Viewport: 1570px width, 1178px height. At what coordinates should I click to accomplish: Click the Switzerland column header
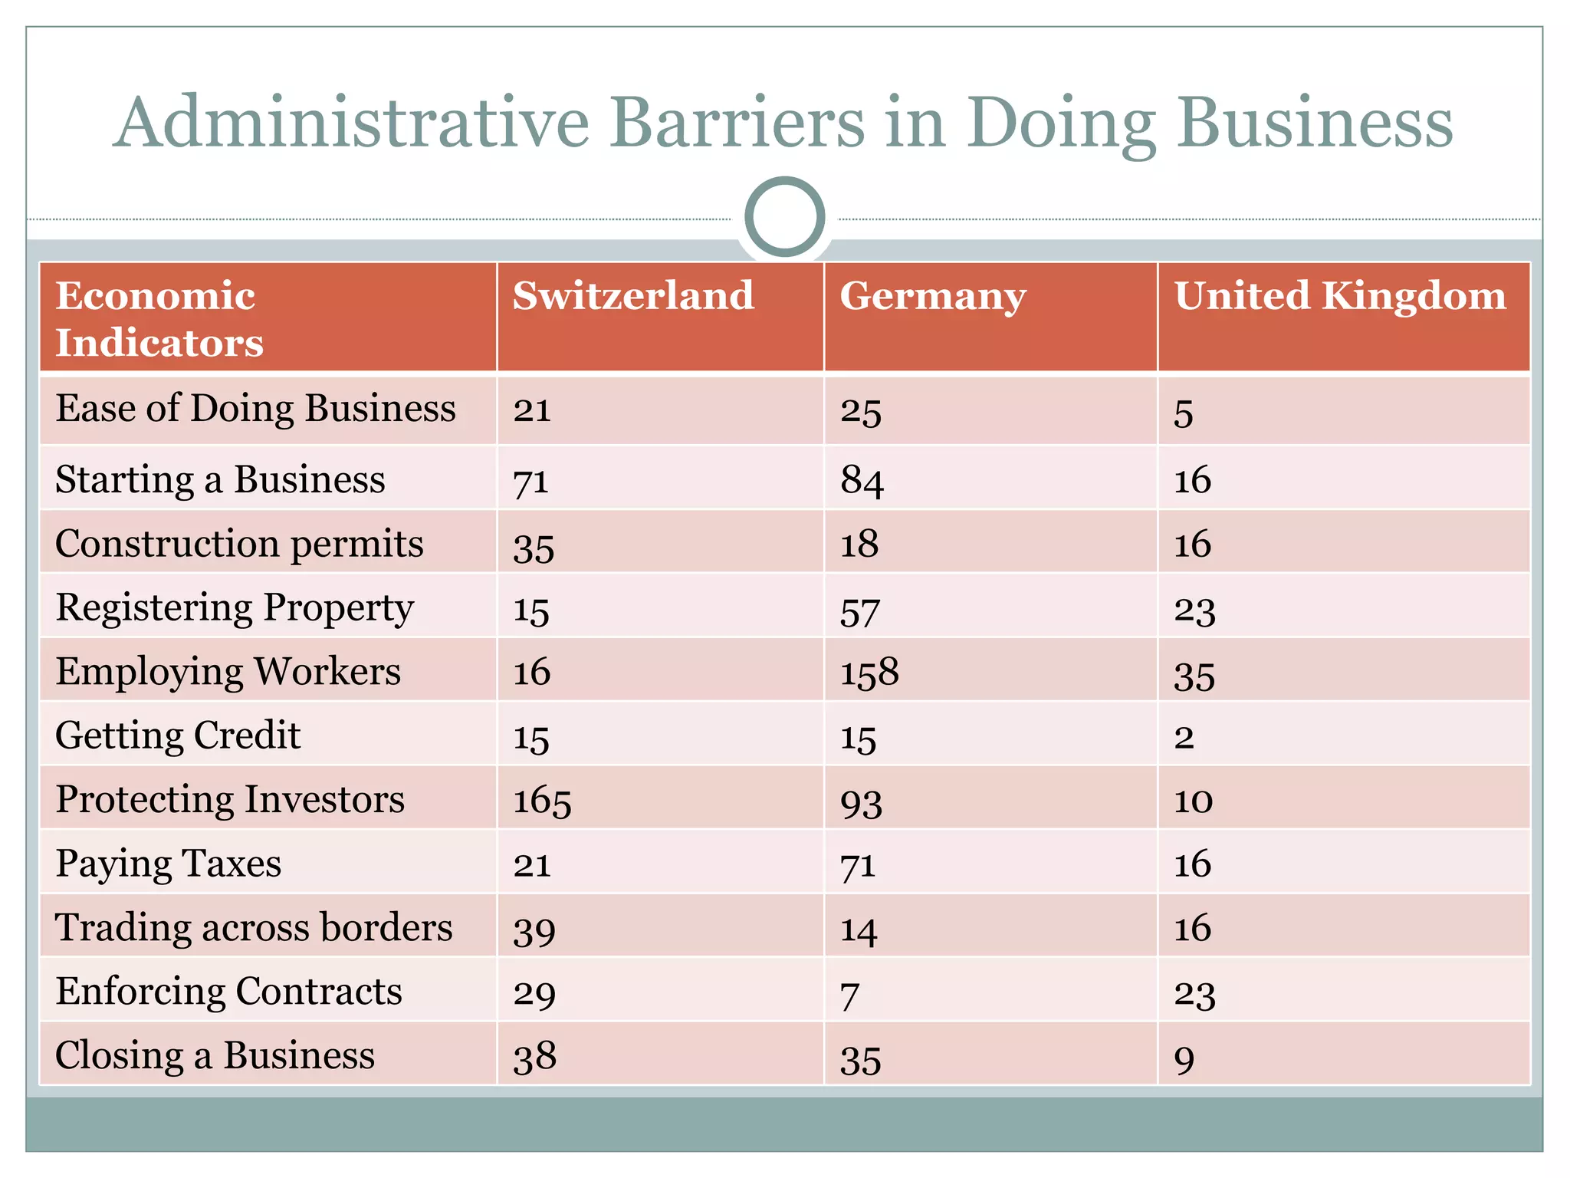coord(633,296)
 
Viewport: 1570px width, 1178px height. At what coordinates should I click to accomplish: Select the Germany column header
coord(932,298)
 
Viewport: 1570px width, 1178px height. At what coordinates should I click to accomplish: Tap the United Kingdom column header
coord(1340,296)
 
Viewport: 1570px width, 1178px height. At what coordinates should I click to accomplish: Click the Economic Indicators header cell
coord(159,318)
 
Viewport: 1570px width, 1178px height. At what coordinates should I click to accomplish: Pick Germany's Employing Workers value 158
coord(869,673)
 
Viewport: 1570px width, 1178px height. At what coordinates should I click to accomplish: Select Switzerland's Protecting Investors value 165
coord(542,801)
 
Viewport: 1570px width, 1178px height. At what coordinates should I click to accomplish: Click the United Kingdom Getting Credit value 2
coord(1184,737)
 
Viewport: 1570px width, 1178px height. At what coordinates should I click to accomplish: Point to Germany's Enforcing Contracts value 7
coord(849,995)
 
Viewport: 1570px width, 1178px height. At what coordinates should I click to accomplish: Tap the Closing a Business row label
coord(215,1055)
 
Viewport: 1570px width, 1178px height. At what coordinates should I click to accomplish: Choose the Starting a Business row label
coord(220,480)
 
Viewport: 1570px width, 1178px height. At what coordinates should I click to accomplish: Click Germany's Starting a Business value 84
coord(862,481)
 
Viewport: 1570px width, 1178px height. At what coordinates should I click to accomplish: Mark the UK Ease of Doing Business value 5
coord(1183,413)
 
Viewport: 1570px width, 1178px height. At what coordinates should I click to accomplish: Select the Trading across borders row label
coord(254,928)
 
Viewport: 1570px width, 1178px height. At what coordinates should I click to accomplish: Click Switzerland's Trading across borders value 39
coord(534,930)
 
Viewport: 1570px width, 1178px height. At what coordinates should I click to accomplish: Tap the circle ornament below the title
coord(784,217)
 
